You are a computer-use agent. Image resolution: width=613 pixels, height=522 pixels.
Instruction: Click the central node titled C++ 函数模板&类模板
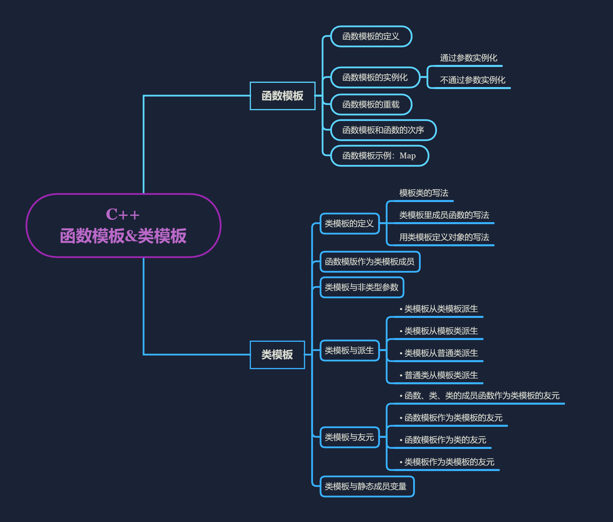(x=123, y=225)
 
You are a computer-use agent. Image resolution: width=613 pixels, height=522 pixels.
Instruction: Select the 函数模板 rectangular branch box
(x=282, y=96)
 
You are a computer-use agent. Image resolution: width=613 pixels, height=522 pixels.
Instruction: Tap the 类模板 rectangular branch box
(x=277, y=355)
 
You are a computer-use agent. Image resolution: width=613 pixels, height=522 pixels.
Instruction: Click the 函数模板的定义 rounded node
(x=371, y=36)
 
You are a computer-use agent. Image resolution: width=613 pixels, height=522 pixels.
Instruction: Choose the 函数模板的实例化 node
(x=375, y=77)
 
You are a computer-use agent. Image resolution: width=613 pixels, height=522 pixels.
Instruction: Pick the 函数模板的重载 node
(x=371, y=105)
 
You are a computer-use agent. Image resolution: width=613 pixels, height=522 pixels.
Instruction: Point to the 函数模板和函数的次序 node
(x=383, y=130)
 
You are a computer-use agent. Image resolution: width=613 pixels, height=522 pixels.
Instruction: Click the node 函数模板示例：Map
(x=379, y=156)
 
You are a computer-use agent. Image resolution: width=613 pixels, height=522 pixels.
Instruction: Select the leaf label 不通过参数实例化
(x=472, y=80)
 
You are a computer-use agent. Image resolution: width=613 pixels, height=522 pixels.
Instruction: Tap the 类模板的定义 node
(x=349, y=224)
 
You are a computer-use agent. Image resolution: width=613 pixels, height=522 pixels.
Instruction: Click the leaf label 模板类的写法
(x=424, y=193)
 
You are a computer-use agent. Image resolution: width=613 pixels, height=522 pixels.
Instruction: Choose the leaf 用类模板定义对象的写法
(x=444, y=237)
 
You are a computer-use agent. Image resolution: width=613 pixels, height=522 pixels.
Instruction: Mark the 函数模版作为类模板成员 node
(x=370, y=262)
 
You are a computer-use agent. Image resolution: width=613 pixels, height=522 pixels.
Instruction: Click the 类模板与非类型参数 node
(x=362, y=287)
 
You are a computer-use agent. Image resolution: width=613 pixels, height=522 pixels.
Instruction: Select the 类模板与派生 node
(x=349, y=351)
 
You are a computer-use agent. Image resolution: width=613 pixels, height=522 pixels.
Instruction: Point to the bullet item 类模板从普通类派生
(x=441, y=353)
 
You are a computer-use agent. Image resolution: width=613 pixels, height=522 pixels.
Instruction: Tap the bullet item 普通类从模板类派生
(x=441, y=375)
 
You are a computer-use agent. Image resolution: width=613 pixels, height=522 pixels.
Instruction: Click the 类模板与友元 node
(x=349, y=437)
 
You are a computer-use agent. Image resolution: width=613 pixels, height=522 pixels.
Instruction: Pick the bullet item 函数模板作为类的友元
(x=445, y=440)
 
